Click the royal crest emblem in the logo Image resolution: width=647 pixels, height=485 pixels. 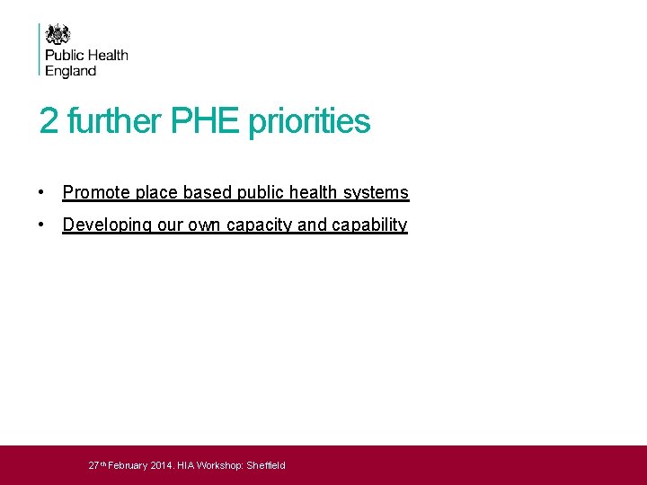point(58,34)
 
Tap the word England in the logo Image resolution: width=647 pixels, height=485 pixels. point(71,71)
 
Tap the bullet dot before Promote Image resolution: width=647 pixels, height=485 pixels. point(42,192)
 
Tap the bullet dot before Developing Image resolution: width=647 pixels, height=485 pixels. point(42,225)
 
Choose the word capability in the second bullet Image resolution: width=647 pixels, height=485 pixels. point(369,225)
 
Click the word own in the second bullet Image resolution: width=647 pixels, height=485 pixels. point(203,225)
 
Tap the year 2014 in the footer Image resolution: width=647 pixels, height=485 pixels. point(162,465)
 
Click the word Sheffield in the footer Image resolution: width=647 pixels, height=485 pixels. point(266,465)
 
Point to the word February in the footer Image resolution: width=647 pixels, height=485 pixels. point(128,465)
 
